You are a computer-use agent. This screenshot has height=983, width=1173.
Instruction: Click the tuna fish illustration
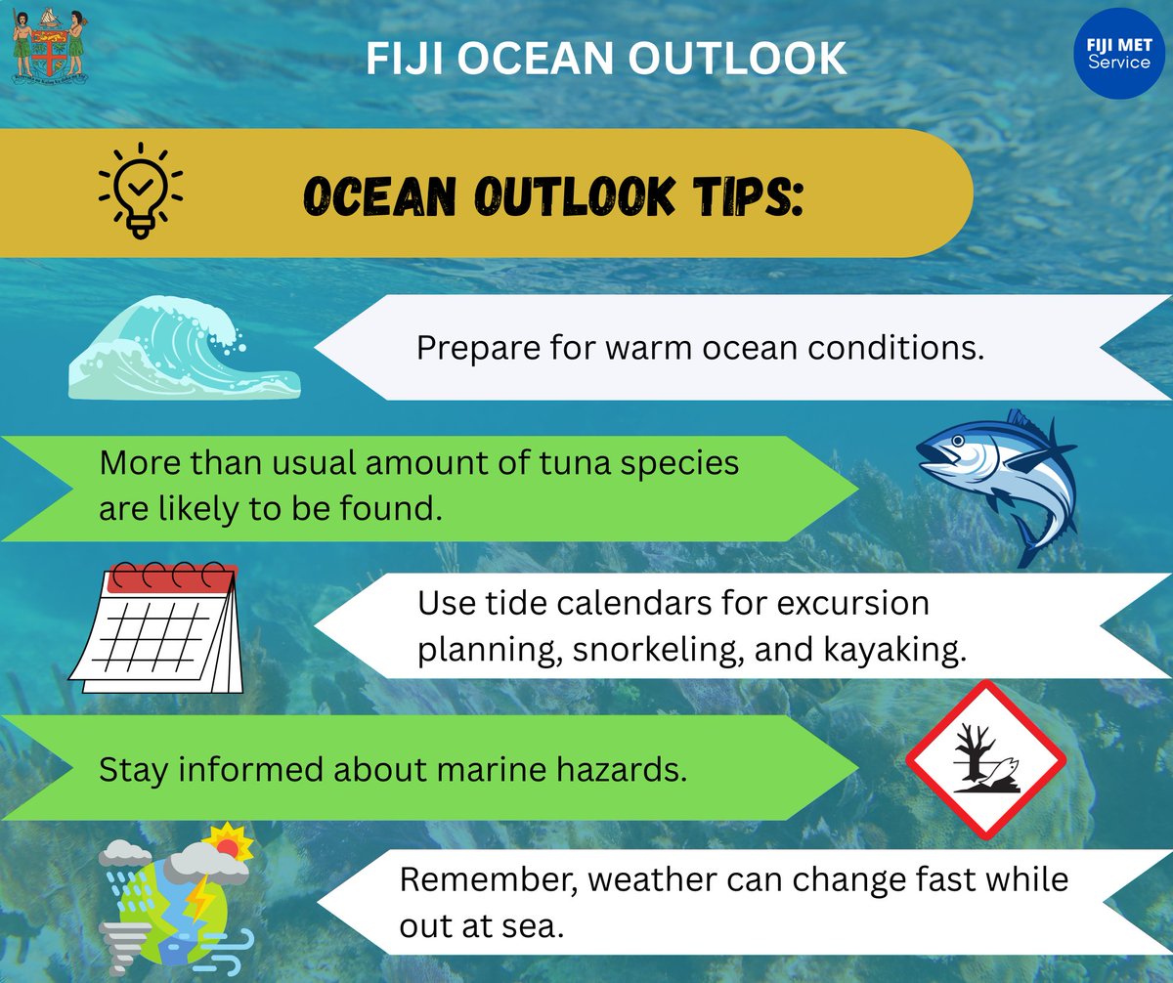click(x=997, y=484)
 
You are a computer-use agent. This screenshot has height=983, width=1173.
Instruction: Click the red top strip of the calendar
click(x=170, y=579)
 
